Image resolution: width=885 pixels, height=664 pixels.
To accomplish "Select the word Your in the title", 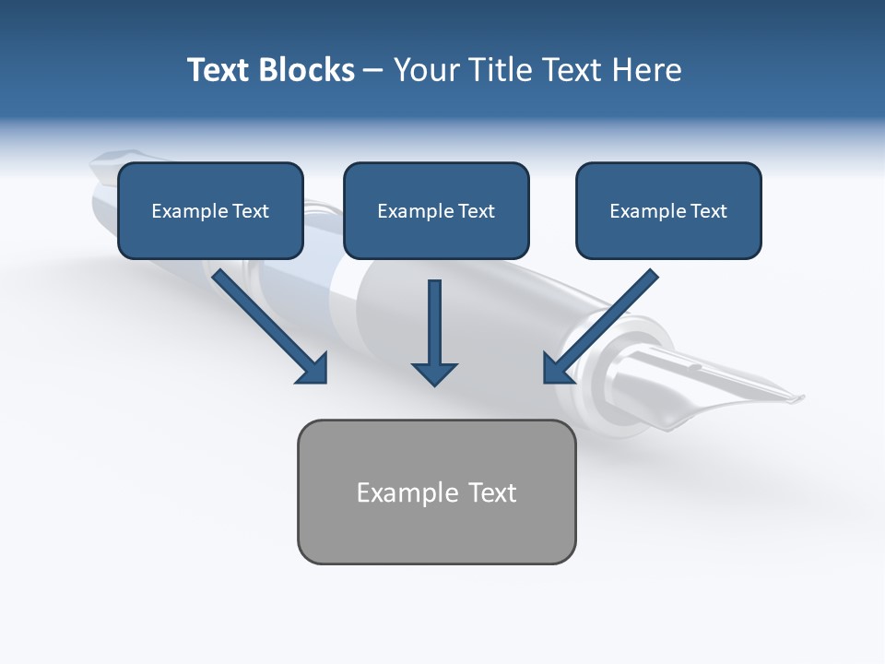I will pyautogui.click(x=425, y=70).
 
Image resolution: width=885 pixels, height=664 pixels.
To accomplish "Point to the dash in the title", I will pyautogui.click(x=373, y=70).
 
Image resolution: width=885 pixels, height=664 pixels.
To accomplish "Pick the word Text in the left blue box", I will pyautogui.click(x=251, y=211).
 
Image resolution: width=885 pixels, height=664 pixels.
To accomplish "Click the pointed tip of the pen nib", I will pyautogui.click(x=801, y=398).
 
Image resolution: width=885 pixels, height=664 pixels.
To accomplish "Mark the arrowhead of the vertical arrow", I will pyautogui.click(x=434, y=373).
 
